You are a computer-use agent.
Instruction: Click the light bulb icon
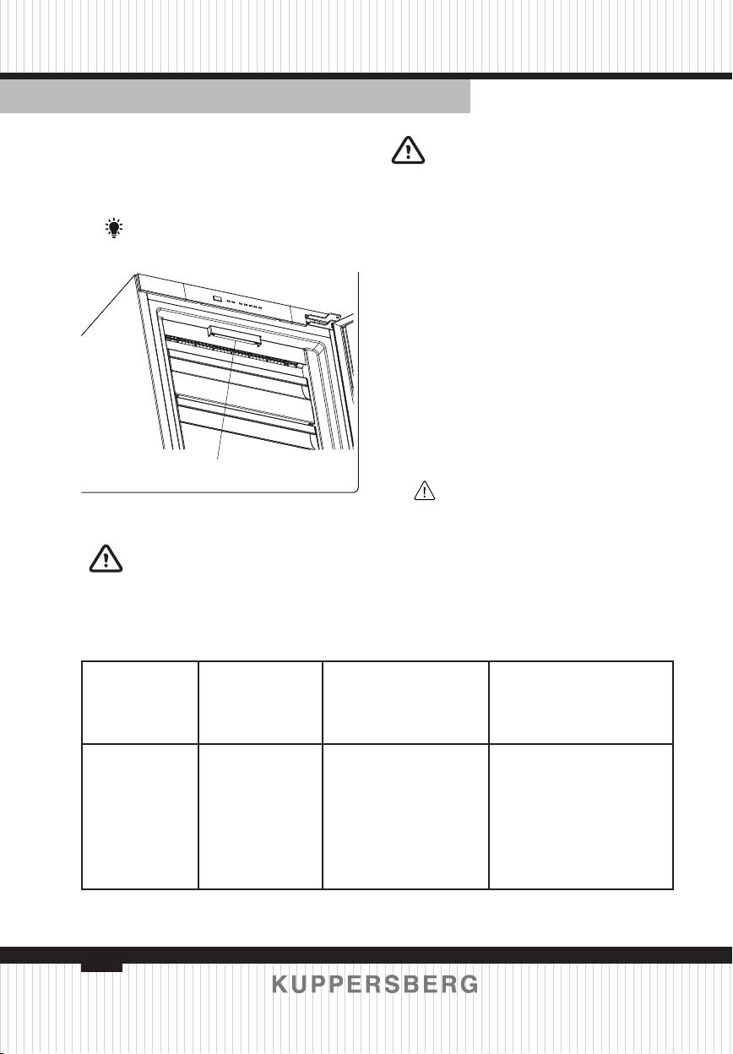pyautogui.click(x=114, y=228)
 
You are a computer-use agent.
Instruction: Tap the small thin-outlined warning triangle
pyautogui.click(x=425, y=491)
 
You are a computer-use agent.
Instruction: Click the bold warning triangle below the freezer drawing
pyautogui.click(x=106, y=558)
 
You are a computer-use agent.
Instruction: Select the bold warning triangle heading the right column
pyautogui.click(x=408, y=150)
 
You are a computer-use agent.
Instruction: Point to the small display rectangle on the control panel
pyautogui.click(x=217, y=298)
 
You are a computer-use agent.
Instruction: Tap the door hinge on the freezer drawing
pyautogui.click(x=318, y=319)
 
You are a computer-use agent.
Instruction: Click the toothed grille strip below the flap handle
pyautogui.click(x=233, y=350)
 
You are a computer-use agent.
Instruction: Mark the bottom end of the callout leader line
pyautogui.click(x=217, y=459)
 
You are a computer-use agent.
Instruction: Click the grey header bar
pyautogui.click(x=236, y=96)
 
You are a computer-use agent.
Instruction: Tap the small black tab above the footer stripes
pyautogui.click(x=101, y=967)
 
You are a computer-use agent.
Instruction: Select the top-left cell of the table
pyautogui.click(x=139, y=703)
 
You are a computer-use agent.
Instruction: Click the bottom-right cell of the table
pyautogui.click(x=581, y=817)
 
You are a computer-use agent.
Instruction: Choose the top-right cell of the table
pyautogui.click(x=581, y=703)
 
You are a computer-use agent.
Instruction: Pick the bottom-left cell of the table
pyautogui.click(x=139, y=817)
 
